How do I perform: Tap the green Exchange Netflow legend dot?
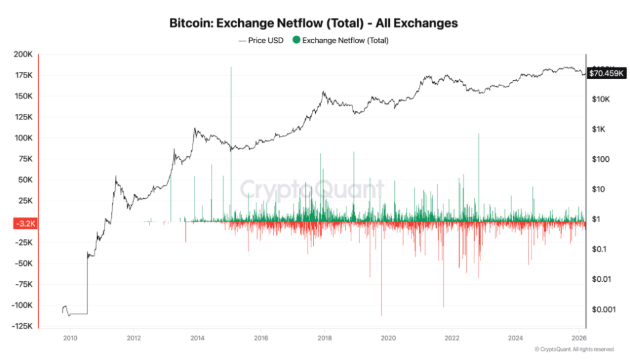tap(296, 41)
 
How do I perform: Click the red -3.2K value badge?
tap(25, 224)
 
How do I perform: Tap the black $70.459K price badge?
tap(607, 73)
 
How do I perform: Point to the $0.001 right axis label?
tap(603, 310)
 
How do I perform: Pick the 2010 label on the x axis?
tap(70, 338)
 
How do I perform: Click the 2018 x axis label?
tap(324, 338)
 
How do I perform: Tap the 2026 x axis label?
tap(579, 338)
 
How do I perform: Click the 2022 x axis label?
tap(452, 338)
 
